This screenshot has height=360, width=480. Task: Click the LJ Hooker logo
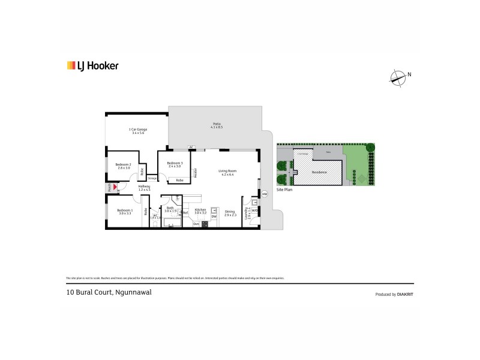92,66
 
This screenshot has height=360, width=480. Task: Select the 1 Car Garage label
139,131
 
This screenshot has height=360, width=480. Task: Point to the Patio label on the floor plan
217,125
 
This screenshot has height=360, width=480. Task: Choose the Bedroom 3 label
174,164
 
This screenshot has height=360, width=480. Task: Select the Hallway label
144,188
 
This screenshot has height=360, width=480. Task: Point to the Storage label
152,178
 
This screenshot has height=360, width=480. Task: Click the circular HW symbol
264,194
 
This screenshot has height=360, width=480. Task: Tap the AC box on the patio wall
191,147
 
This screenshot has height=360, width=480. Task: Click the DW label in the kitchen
214,216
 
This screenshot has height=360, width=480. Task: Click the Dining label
230,212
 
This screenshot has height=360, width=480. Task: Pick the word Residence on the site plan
319,172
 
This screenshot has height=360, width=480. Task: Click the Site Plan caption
284,189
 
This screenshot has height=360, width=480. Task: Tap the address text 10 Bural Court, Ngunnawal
99,293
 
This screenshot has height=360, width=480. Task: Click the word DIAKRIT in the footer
404,294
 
